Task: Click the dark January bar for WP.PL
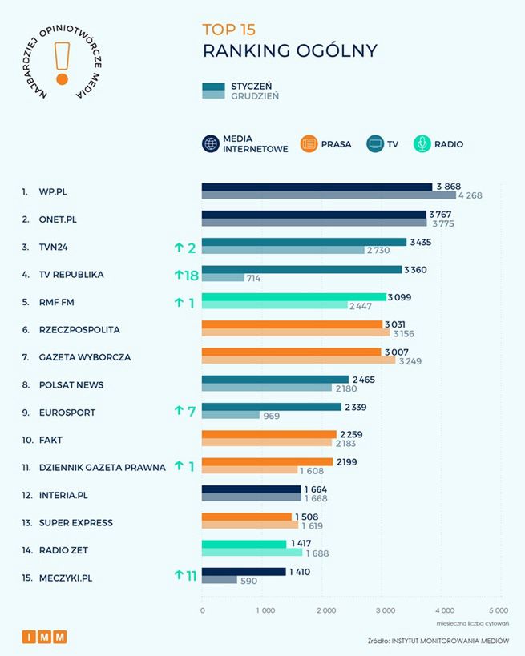[317, 187]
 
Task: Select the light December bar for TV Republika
[223, 278]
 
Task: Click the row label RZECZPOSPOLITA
[79, 329]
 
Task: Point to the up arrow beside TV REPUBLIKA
[179, 275]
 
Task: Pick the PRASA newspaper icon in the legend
[309, 144]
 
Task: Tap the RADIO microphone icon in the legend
[422, 144]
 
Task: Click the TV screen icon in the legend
[374, 144]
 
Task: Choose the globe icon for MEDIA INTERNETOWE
[212, 144]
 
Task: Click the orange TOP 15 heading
[229, 30]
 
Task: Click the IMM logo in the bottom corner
[45, 637]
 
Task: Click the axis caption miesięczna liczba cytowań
[473, 622]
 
